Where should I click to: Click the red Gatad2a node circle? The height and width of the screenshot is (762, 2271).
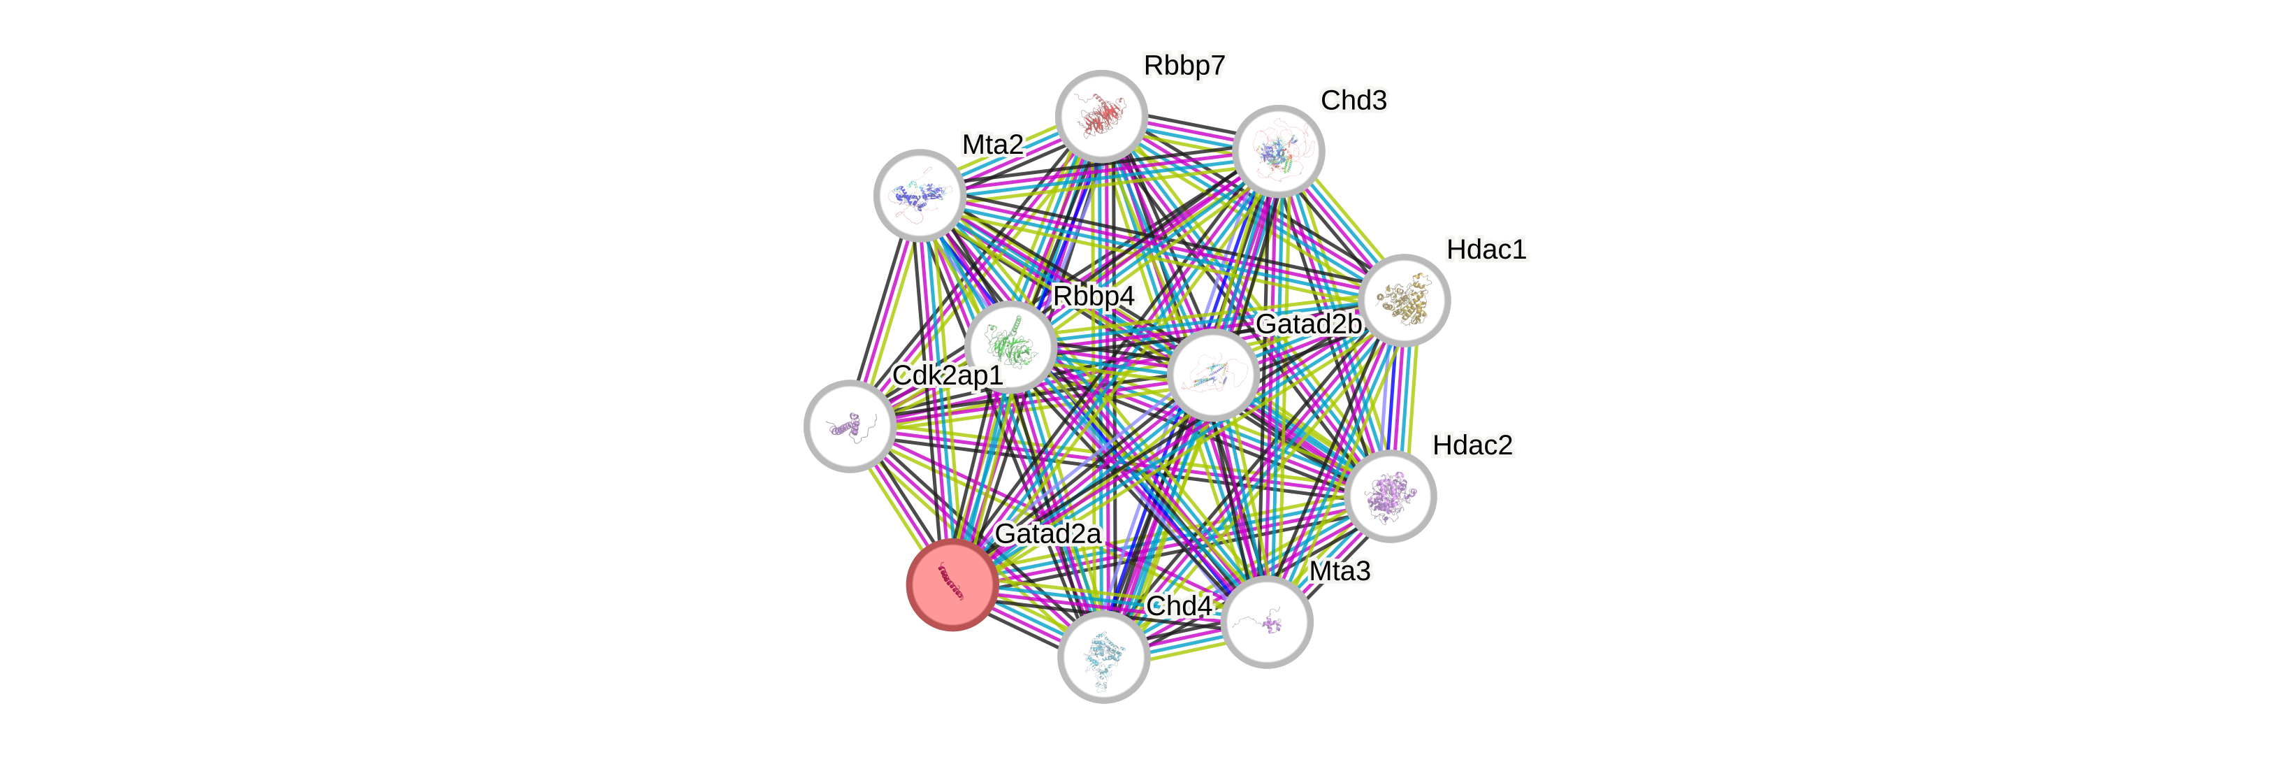coord(952,584)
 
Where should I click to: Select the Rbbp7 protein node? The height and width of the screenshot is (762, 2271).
coord(1101,117)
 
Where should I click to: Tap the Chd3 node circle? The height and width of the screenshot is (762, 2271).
coord(1278,151)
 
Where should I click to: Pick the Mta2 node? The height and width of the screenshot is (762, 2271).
coord(920,195)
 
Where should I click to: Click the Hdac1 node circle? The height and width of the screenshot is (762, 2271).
coord(1405,300)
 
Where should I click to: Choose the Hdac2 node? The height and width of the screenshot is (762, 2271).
coord(1391,496)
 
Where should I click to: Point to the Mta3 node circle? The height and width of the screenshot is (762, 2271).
coord(1267,621)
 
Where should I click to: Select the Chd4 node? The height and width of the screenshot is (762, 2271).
coord(1103,657)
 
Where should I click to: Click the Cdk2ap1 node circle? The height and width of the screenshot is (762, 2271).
coord(850,426)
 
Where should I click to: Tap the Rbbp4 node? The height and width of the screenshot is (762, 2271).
coord(1010,347)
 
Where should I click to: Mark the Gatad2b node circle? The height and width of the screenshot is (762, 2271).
coord(1213,374)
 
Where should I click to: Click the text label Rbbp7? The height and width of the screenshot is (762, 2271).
coord(1184,65)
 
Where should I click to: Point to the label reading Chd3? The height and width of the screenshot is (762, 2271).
coord(1354,101)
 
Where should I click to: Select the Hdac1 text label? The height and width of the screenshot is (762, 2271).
coord(1486,250)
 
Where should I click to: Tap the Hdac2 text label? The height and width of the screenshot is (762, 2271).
coord(1472,445)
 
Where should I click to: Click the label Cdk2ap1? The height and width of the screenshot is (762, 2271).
coord(947,375)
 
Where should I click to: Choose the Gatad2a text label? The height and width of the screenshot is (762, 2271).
coord(1047,533)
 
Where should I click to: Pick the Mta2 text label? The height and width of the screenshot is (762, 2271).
coord(993,144)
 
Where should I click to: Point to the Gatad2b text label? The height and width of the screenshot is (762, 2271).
coord(1308,324)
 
